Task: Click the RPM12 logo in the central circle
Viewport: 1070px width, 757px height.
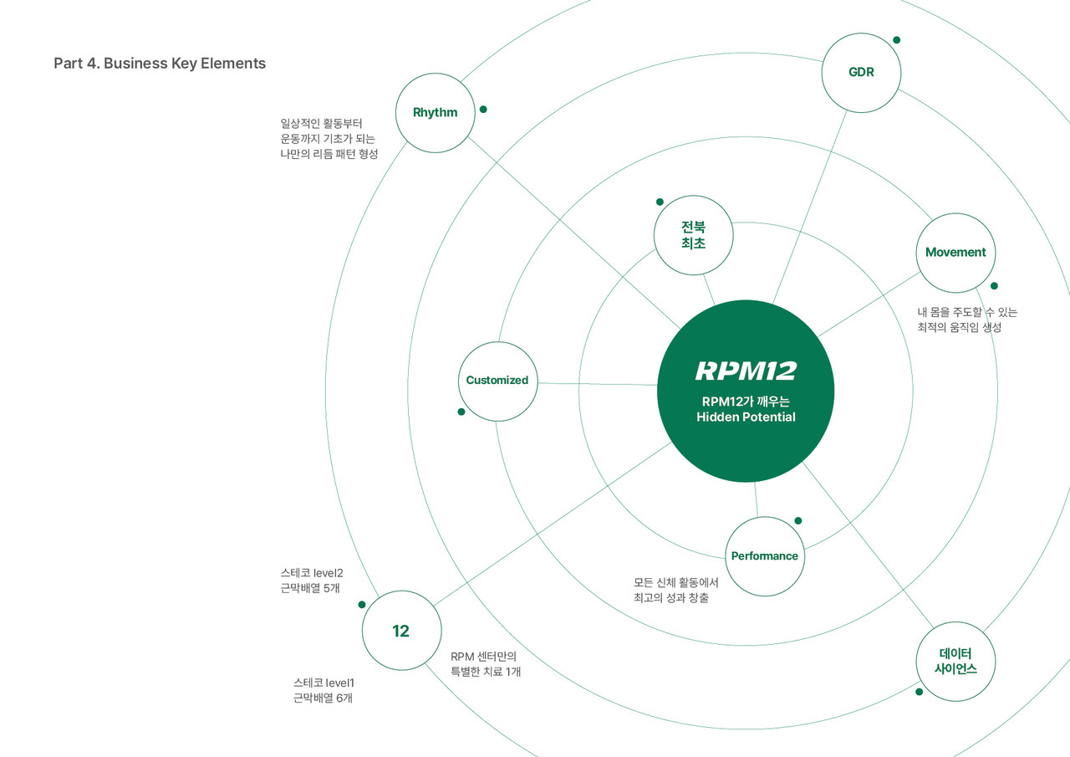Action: (x=746, y=371)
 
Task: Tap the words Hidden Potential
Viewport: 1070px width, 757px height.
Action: (x=746, y=417)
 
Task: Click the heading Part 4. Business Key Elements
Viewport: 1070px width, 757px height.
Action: (x=160, y=63)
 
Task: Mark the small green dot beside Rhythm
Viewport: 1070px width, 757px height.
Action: (x=483, y=110)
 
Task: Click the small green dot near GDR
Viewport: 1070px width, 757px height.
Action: (x=897, y=40)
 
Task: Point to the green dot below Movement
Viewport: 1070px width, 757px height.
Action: (x=994, y=286)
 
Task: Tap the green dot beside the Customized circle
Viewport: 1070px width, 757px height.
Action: (x=461, y=412)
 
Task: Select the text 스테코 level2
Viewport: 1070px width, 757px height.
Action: (x=312, y=572)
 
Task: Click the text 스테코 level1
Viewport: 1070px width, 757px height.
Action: (x=324, y=683)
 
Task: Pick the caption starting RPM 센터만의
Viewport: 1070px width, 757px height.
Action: (x=486, y=664)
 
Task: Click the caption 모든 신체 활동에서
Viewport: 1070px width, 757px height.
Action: (x=676, y=582)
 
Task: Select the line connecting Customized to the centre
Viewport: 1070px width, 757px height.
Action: (x=598, y=384)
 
